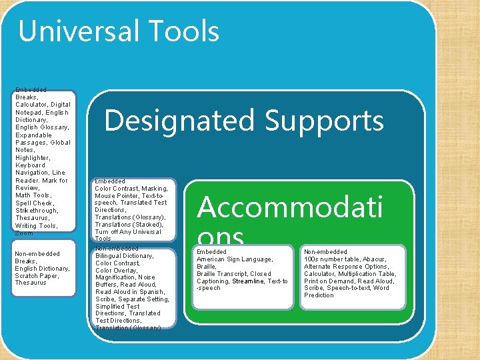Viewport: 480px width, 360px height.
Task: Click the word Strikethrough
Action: pyautogui.click(x=37, y=211)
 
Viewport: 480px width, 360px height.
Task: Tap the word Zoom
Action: pyautogui.click(x=23, y=233)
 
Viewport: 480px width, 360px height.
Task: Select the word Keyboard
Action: pyautogui.click(x=30, y=165)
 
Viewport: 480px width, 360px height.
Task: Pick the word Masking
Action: pyautogui.click(x=154, y=189)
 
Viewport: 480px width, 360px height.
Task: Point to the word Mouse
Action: pyautogui.click(x=105, y=196)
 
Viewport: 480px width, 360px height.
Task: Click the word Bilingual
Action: pyautogui.click(x=110, y=255)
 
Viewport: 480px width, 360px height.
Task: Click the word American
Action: pyautogui.click(x=212, y=259)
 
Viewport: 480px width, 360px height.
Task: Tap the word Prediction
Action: pyautogui.click(x=319, y=295)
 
